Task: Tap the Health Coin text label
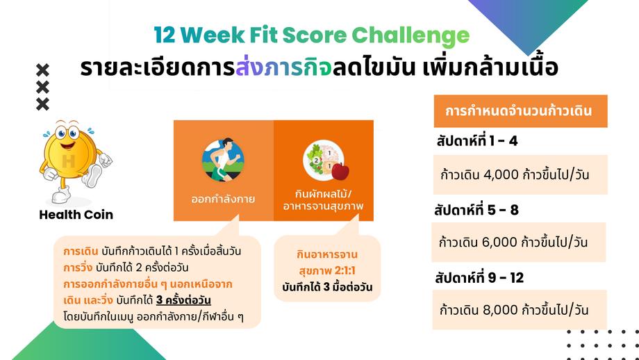coord(76,215)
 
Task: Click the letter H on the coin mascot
coord(69,161)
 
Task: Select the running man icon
coord(223,159)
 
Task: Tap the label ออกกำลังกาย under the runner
coord(223,199)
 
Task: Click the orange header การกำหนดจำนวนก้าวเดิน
coord(520,111)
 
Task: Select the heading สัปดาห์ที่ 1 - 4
coord(476,142)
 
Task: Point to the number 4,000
coord(501,175)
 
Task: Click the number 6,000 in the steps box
coord(499,243)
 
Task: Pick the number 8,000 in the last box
coord(501,310)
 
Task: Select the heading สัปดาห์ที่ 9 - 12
coord(479,278)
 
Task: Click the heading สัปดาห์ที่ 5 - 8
coord(476,210)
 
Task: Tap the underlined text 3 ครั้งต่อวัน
coord(183,301)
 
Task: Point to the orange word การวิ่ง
coord(78,268)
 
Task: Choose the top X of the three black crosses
coord(42,70)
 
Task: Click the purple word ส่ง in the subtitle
coord(249,68)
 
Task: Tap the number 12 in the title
coord(165,36)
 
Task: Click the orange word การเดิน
coord(81,251)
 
